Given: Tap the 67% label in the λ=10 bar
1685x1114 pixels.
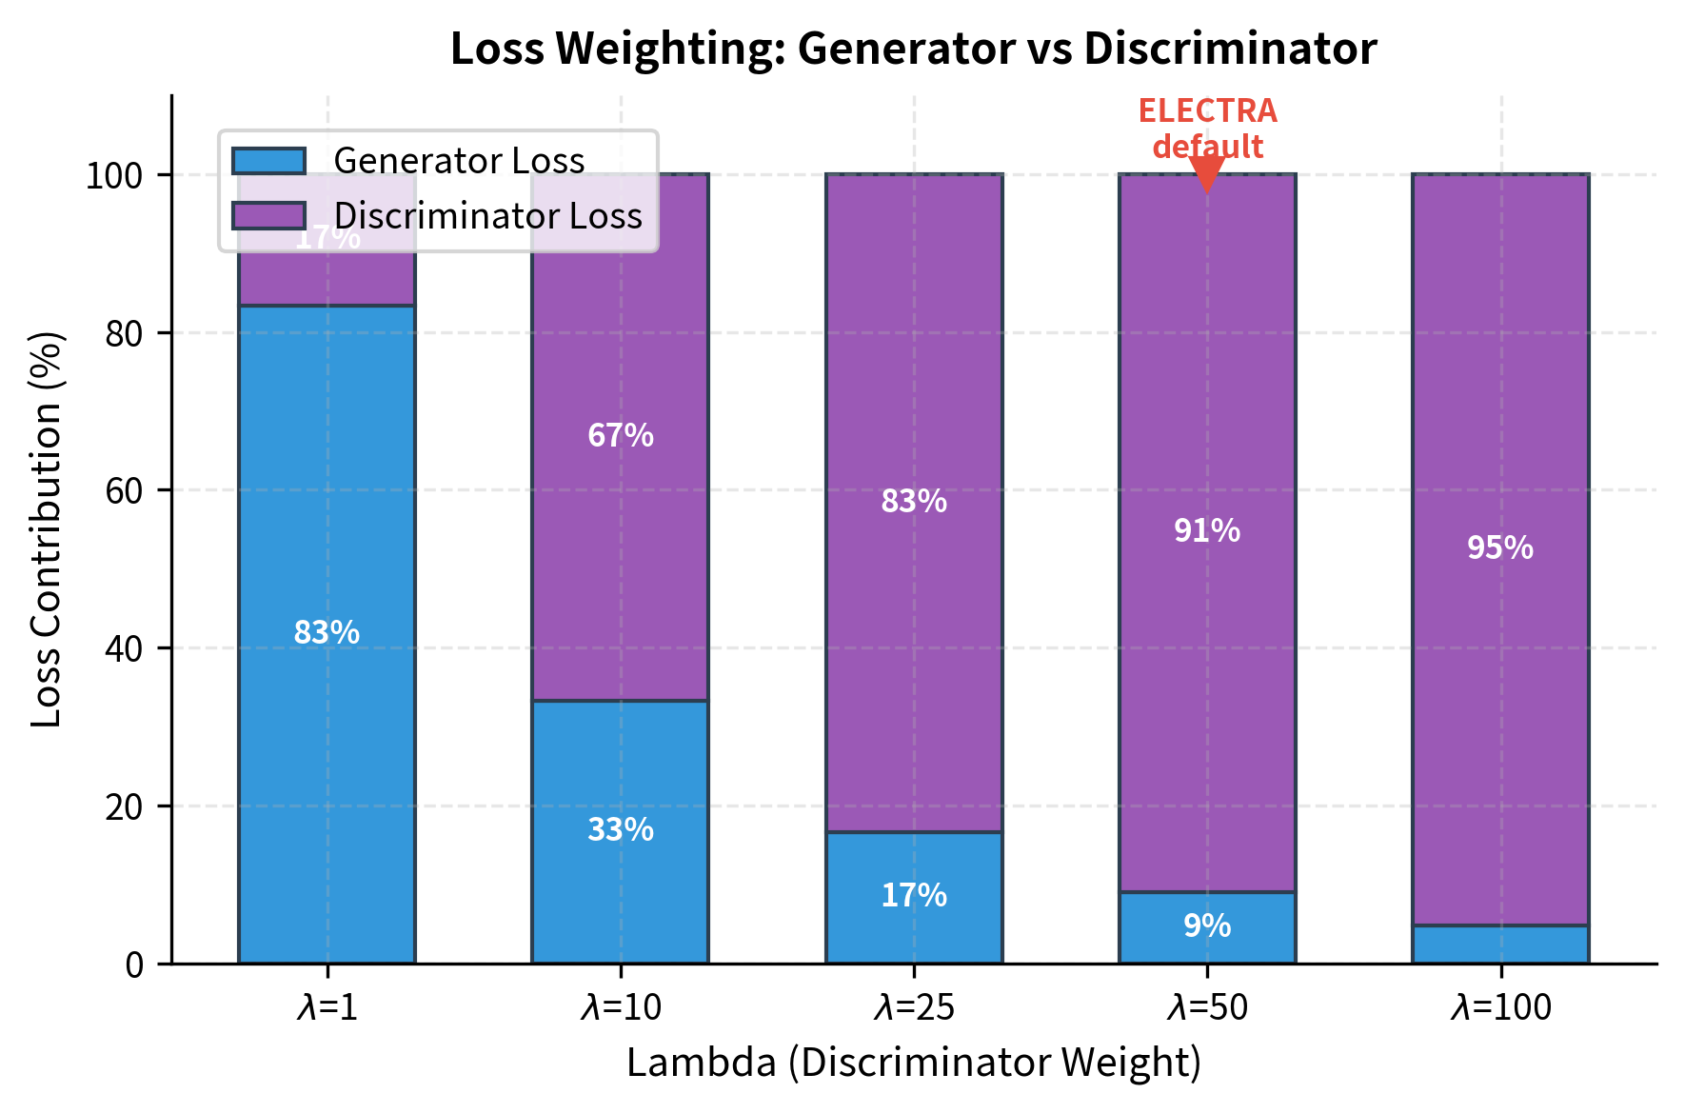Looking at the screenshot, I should point(621,435).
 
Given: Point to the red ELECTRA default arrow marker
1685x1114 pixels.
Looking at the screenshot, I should point(1207,174).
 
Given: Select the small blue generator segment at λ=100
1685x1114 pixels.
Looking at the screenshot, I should point(1500,944).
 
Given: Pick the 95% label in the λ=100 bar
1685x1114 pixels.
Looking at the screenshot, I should point(1500,547).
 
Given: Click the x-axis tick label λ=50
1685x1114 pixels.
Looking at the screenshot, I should point(1207,1007).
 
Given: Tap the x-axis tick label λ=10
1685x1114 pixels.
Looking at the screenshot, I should point(621,1007).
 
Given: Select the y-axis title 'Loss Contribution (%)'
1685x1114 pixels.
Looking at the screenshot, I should point(46,529).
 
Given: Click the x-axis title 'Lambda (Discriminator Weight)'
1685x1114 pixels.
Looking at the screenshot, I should point(913,1063).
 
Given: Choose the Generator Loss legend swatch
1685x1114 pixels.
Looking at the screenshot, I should point(268,161).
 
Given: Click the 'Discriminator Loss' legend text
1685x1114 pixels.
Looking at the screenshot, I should point(487,216).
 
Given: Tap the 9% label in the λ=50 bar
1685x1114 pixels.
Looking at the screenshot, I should point(1207,925).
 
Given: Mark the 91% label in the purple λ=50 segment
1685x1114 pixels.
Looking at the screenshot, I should point(1207,530).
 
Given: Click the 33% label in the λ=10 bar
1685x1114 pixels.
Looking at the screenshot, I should point(621,830).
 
